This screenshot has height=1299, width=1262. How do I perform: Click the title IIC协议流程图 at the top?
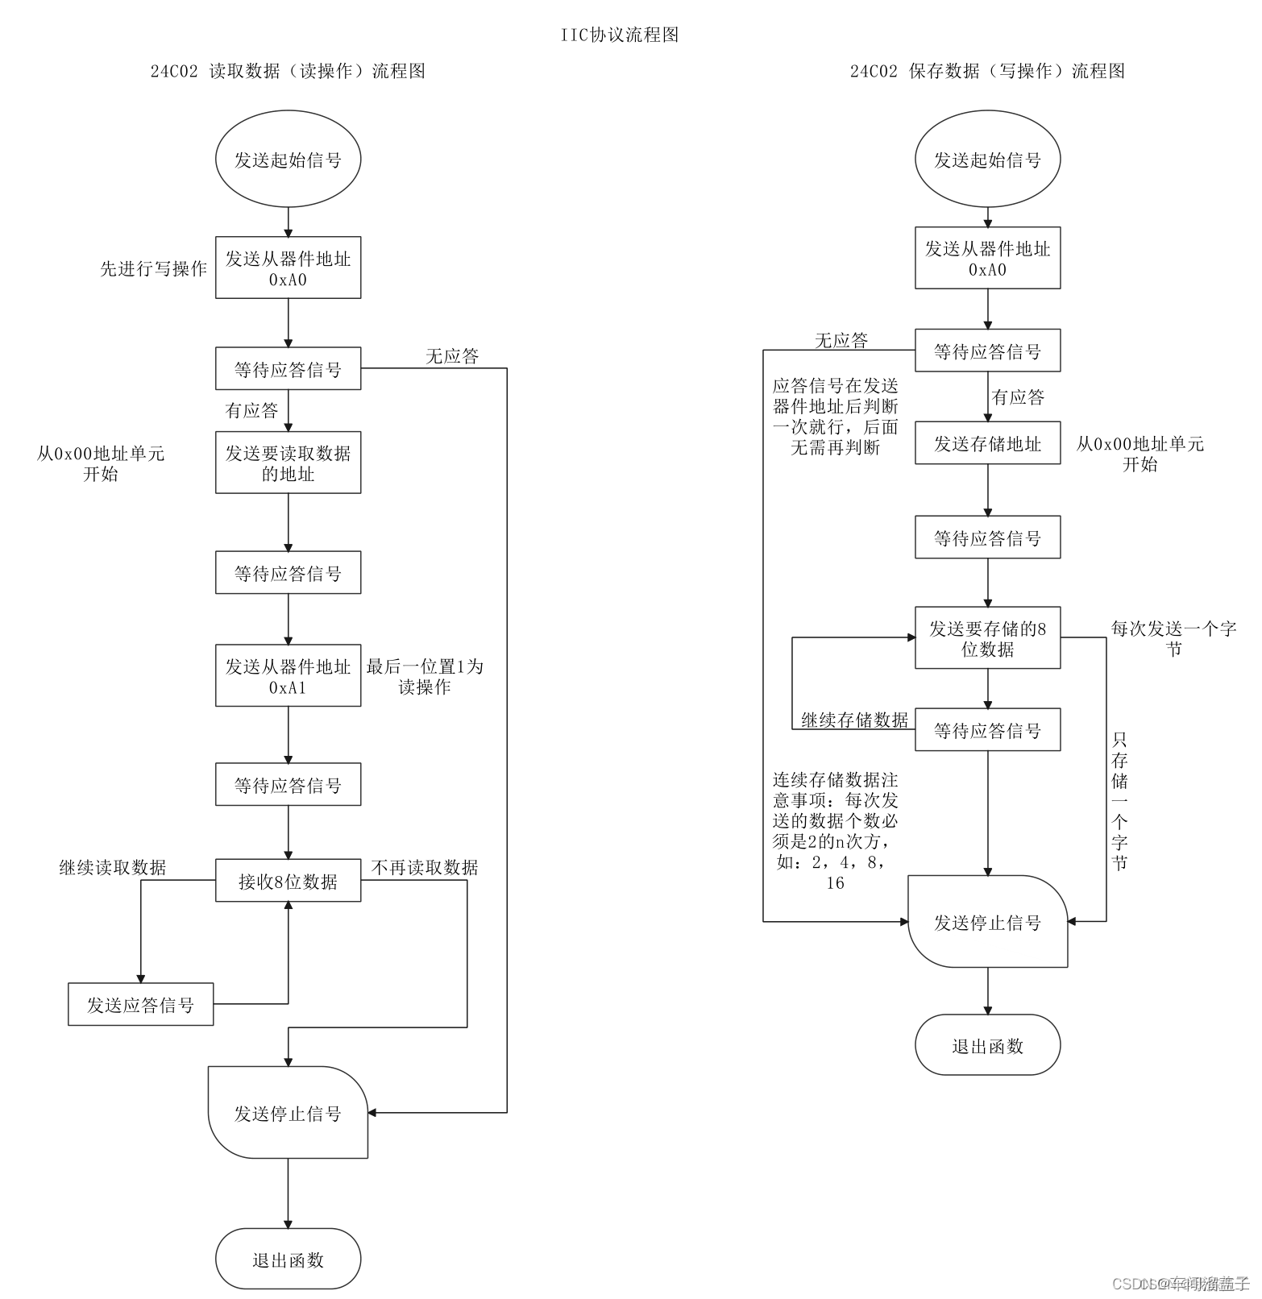click(x=620, y=35)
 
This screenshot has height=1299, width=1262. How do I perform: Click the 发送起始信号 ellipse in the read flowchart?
click(x=288, y=160)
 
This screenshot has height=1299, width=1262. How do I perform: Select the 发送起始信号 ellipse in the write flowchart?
click(x=987, y=160)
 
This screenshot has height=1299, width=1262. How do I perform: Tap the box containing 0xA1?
click(x=288, y=675)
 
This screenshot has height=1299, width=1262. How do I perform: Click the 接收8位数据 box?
click(x=288, y=881)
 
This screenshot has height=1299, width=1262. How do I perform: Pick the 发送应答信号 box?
click(x=140, y=1004)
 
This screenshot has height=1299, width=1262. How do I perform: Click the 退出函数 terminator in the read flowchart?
click(x=288, y=1259)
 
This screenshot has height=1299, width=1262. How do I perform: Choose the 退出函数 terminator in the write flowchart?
click(x=987, y=1045)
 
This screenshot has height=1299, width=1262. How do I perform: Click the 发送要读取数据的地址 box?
click(x=288, y=463)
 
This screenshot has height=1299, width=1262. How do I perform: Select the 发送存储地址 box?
click(x=987, y=443)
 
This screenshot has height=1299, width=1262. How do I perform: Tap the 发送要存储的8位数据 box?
click(x=987, y=637)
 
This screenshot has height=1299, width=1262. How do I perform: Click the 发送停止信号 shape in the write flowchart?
click(x=987, y=922)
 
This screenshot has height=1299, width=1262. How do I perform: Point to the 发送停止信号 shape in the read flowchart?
click(x=288, y=1113)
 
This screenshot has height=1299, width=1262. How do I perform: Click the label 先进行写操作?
click(x=153, y=268)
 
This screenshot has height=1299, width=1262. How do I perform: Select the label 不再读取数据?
click(x=425, y=867)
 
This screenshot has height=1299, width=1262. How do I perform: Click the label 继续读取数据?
click(x=113, y=867)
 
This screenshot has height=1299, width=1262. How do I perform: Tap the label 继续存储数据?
click(x=854, y=720)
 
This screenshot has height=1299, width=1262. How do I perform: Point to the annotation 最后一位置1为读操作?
click(x=425, y=676)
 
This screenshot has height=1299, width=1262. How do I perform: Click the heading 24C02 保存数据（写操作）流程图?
click(x=987, y=71)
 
